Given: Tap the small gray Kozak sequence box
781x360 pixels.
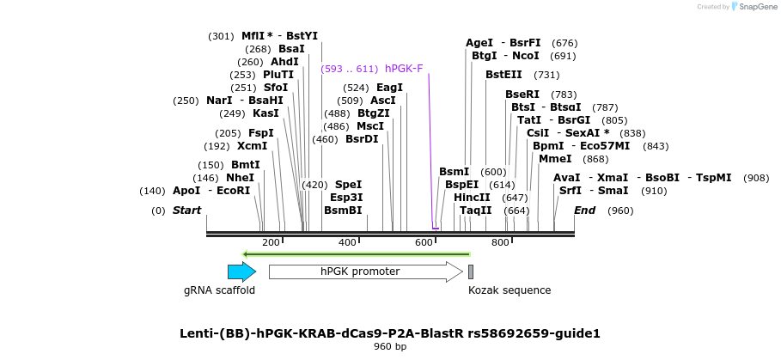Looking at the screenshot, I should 471,272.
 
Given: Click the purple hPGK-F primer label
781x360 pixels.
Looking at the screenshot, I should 404,69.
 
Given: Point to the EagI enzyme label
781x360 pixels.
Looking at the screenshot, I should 390,88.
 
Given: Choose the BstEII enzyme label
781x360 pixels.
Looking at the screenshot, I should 503,75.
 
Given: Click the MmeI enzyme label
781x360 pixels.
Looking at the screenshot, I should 555,158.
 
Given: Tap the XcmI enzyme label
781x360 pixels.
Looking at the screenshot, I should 253,145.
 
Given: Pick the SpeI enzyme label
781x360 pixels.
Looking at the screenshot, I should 348,184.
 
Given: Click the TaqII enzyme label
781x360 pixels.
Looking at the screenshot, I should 475,210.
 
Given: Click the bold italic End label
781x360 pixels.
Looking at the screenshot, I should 584,210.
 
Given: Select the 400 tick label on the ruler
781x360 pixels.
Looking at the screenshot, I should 347,243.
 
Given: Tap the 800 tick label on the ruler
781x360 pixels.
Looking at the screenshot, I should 500,243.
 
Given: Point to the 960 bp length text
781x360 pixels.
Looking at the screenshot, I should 390,346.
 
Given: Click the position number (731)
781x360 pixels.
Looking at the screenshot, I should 546,75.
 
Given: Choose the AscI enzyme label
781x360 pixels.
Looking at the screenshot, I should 383,101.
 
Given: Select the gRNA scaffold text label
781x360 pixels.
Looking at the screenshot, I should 219,290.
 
